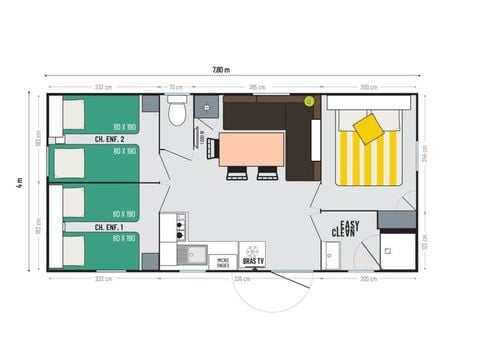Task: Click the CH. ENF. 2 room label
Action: coord(109,139)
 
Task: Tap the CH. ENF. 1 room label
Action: coord(109,227)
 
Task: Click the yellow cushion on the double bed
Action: coord(368,127)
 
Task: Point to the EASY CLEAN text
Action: coord(347,227)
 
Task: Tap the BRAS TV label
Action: coord(254,262)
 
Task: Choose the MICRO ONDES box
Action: coord(224,262)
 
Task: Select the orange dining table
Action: coord(251,149)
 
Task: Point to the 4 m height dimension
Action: coord(19,183)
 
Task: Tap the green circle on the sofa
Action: coord(308,101)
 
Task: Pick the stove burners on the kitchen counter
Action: coord(180,227)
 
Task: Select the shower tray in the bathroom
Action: coord(397,250)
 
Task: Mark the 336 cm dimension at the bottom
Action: coord(240,279)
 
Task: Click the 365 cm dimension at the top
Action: coord(256,87)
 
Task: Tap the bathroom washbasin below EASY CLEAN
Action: coord(332,255)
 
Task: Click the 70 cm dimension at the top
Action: coord(176,87)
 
